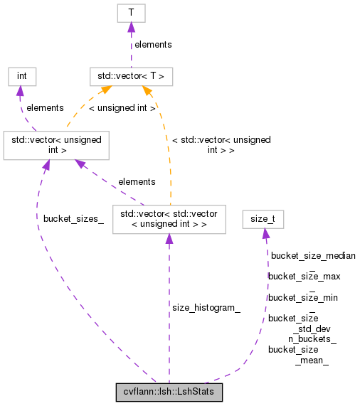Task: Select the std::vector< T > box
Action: tap(131, 76)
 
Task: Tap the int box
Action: tap(21, 76)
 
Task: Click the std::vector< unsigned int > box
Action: tap(56, 145)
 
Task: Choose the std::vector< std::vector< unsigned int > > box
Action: tap(169, 219)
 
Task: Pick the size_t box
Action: tap(263, 219)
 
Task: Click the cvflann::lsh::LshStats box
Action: tap(169, 392)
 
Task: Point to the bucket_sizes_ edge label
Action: tap(73, 218)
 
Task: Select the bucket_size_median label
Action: tap(313, 255)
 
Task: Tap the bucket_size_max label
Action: tap(304, 276)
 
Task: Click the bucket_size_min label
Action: tap(302, 297)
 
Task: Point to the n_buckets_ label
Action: tap(312, 339)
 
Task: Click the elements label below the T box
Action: tap(153, 44)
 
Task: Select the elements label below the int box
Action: tap(45, 108)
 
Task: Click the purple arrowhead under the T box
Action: tap(131, 27)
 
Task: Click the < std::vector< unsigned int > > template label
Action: tap(221, 145)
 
